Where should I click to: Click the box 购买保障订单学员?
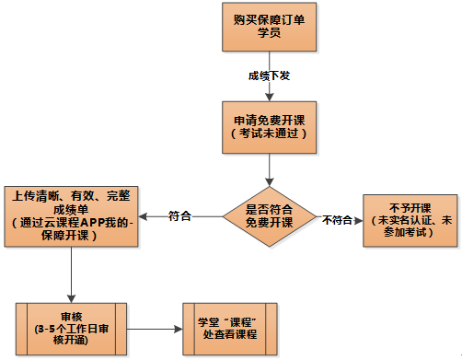click(268, 27)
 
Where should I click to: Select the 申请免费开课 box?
click(268, 127)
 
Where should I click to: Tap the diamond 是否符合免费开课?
click(268, 216)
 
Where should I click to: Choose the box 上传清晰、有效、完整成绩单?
click(72, 215)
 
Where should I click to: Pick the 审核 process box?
click(72, 326)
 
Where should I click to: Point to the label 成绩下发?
click(268, 75)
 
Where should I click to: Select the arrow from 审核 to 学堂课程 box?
click(152, 327)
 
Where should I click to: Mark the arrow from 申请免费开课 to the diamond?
click(268, 170)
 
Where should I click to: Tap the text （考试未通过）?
click(268, 134)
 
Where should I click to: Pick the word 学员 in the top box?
click(268, 34)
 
